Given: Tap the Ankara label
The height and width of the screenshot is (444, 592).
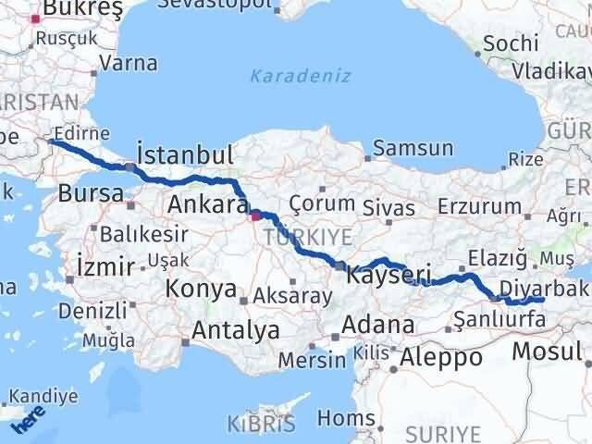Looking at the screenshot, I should click(206, 203).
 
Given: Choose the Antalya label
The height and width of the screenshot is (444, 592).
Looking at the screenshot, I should click(236, 328).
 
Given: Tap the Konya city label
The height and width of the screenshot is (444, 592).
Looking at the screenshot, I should click(201, 290).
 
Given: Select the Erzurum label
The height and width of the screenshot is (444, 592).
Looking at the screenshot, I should click(474, 205).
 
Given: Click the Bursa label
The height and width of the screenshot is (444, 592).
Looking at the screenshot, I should click(91, 193).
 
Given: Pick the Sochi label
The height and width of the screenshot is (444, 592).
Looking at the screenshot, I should click(509, 43).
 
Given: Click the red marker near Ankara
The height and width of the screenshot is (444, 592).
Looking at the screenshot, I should click(255, 217).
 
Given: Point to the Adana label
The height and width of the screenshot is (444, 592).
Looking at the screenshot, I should click(377, 325).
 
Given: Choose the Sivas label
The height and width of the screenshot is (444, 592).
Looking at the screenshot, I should click(388, 205).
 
